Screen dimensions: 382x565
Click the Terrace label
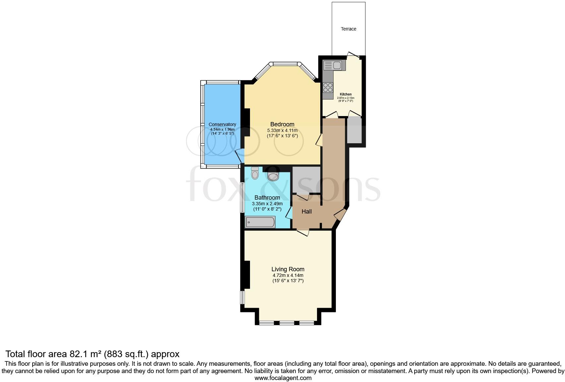click(x=348, y=29)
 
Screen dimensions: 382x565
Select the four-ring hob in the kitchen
click(x=328, y=88)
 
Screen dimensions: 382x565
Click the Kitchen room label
click(x=345, y=94)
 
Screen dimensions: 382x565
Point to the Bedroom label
click(x=282, y=124)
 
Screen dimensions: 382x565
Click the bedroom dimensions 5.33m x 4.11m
click(x=282, y=130)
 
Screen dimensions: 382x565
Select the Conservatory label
click(x=222, y=124)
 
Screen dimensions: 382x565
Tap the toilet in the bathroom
click(x=255, y=173)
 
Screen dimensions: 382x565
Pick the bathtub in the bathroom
click(x=260, y=222)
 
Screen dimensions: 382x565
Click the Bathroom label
click(x=267, y=198)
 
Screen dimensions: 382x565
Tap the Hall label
click(x=306, y=211)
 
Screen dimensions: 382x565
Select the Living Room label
click(x=288, y=269)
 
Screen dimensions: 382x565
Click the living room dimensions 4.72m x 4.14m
click(x=288, y=275)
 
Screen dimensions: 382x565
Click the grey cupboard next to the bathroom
click(x=306, y=179)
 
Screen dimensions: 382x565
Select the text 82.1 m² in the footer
click(x=86, y=354)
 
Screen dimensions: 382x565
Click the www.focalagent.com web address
click(x=283, y=378)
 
